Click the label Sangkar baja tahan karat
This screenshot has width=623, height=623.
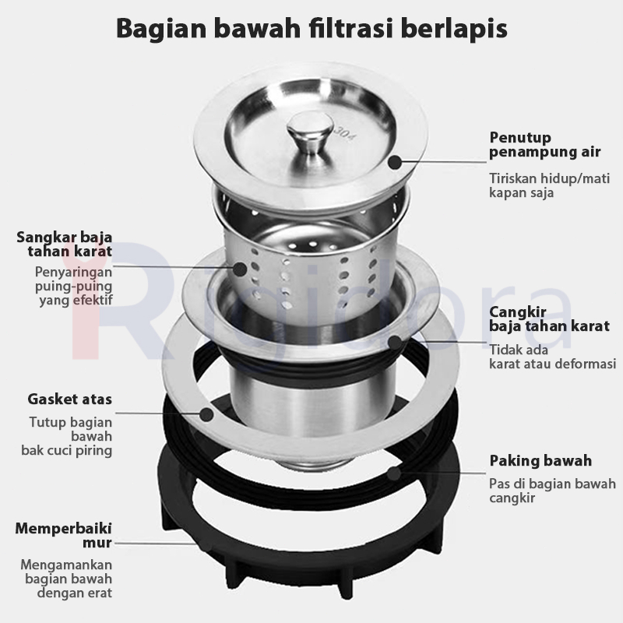[65, 245]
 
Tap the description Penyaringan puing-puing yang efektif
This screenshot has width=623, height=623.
[74, 286]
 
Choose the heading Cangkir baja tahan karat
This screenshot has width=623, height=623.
[548, 319]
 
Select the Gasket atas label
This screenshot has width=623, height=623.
[70, 399]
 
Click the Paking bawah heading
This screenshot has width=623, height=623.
[540, 460]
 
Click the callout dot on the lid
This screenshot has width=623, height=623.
[395, 163]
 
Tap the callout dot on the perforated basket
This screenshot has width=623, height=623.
[240, 269]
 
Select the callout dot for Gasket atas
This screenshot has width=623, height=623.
[206, 414]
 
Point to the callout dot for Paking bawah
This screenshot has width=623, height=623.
[394, 472]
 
